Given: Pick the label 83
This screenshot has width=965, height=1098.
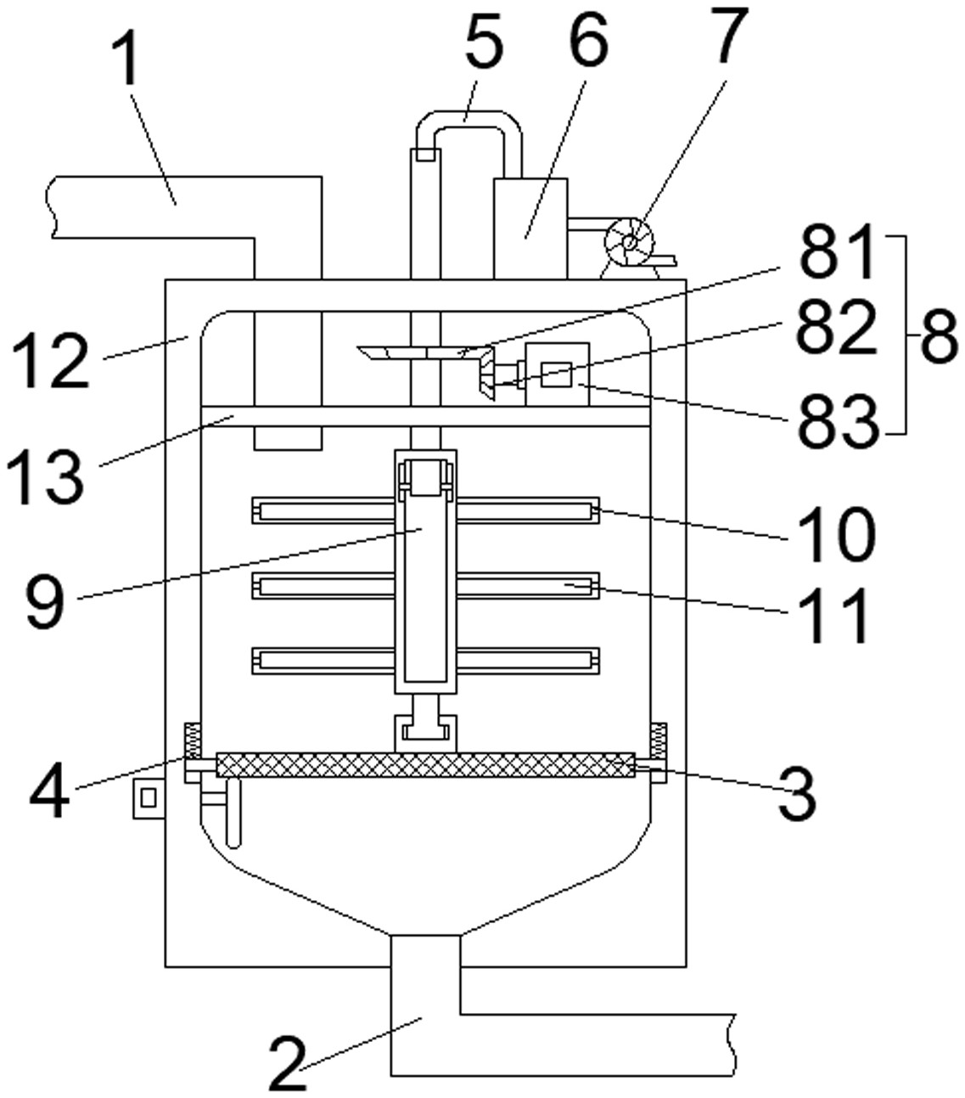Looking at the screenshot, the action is coord(838,421).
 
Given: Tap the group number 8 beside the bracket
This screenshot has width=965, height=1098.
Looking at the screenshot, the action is coord(939,336).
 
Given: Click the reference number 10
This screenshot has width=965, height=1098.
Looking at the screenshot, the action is coord(835,534).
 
